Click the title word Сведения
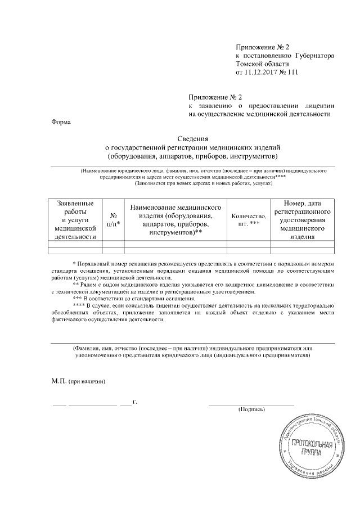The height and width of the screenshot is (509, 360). click(x=193, y=138)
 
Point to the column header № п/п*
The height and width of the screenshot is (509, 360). click(x=113, y=219)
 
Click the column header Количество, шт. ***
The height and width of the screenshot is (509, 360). click(x=248, y=219)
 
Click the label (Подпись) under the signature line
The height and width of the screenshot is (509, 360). click(x=250, y=410)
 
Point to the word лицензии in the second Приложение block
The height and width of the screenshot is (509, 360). click(x=320, y=105)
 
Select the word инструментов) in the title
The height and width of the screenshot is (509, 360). click(x=251, y=155)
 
